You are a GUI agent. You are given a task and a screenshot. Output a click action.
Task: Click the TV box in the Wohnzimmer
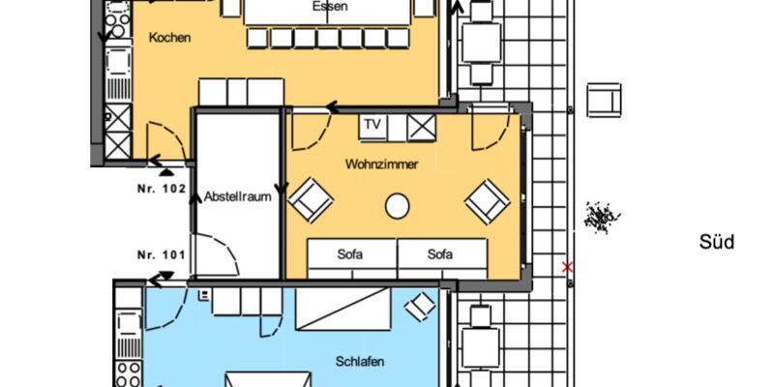click(372, 128)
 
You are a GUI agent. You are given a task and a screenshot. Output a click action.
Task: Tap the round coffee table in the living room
click(398, 206)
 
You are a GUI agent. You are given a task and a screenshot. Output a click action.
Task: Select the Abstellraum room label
click(238, 197)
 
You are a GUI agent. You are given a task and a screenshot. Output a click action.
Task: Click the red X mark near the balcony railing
click(567, 268)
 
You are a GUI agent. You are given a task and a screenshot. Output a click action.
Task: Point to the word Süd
click(716, 243)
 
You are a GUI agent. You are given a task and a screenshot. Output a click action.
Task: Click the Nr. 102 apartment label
click(161, 189)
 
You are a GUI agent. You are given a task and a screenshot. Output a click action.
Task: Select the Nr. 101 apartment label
click(161, 255)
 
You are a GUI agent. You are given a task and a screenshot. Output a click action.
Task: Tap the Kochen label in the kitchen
click(170, 38)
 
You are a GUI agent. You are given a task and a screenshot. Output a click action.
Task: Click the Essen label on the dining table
click(330, 7)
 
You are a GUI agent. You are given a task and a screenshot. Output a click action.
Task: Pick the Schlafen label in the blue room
click(360, 362)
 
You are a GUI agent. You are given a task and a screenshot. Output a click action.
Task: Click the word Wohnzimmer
click(381, 164)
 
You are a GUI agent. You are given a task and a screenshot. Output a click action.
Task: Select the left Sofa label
click(350, 254)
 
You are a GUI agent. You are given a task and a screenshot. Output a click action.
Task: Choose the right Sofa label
click(440, 254)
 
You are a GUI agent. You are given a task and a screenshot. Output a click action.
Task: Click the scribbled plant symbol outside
click(601, 217)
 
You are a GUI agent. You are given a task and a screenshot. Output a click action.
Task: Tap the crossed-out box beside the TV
click(422, 128)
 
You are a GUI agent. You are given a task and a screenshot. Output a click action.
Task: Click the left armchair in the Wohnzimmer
click(311, 200)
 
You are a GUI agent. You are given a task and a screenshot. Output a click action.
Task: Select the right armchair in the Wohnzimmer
click(488, 201)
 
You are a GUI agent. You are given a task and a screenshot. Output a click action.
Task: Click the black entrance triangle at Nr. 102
click(166, 172)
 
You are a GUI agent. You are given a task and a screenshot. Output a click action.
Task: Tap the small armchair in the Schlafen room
click(420, 306)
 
